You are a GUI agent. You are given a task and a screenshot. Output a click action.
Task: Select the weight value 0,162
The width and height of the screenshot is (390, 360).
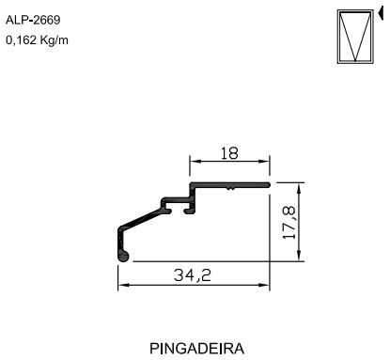(23, 40)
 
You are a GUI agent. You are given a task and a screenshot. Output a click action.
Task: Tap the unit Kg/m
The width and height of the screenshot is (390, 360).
(55, 40)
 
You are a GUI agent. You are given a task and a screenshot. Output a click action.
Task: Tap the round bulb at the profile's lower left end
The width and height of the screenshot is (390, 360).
(121, 253)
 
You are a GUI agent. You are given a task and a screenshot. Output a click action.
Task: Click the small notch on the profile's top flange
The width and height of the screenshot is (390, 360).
(230, 189)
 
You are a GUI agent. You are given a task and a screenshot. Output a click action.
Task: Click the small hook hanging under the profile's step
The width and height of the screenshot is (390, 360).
(191, 211)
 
